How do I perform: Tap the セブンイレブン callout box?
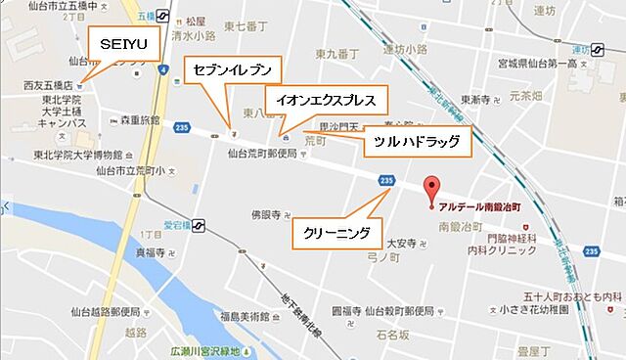[x=232, y=69]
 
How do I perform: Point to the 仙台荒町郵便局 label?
[x=261, y=154]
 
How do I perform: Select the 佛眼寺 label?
[x=266, y=214]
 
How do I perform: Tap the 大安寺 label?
[x=402, y=243]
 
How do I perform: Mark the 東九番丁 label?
[x=335, y=52]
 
